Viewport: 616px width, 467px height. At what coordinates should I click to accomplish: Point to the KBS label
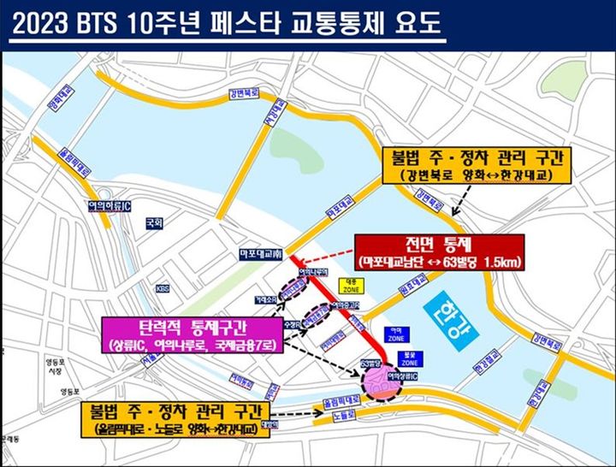163,289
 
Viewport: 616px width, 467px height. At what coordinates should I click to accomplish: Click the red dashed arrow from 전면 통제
324,256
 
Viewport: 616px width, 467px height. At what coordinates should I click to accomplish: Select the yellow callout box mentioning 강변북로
464,166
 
